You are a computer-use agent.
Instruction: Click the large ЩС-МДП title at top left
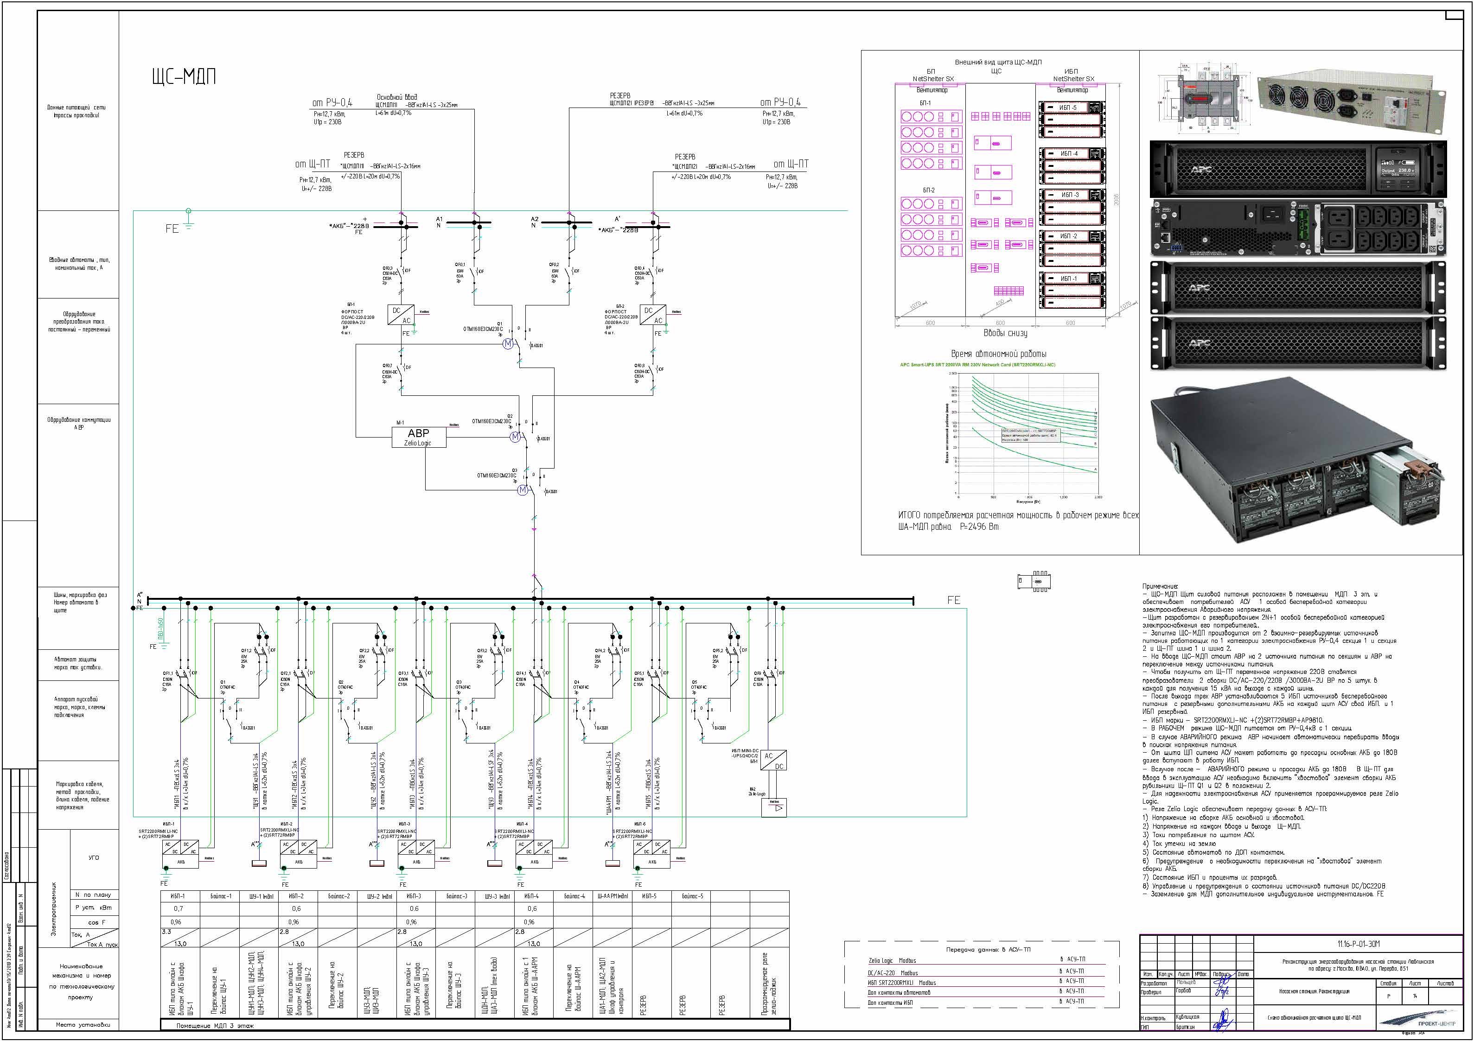184,77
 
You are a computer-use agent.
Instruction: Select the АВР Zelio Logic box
419,437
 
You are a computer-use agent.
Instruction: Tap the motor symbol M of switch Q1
508,343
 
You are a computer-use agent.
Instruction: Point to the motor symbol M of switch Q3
523,490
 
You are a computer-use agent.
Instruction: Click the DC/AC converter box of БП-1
401,315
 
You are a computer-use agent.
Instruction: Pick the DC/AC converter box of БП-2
653,315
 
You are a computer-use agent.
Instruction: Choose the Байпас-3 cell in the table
456,896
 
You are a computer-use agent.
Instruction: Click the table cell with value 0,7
179,909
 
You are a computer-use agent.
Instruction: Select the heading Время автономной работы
998,354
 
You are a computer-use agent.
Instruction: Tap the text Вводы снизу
1005,333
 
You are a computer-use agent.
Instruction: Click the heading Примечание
1160,586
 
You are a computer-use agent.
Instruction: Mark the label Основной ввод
397,97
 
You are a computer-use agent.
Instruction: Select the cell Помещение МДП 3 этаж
215,1026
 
